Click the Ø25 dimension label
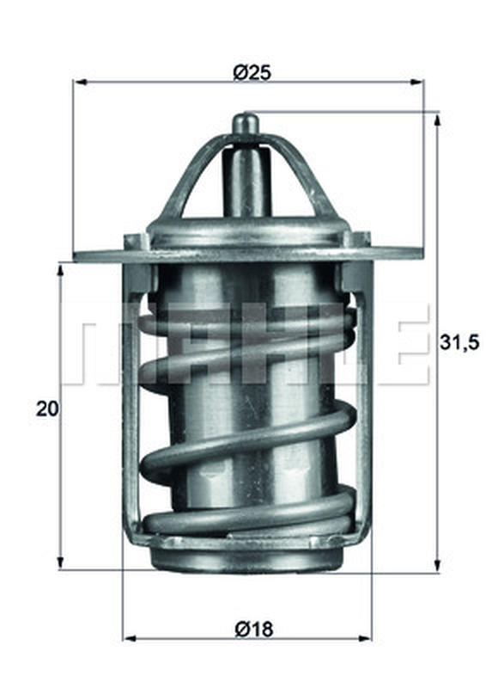pos(252,72)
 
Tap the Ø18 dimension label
pos(254,630)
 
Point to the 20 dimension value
pos(47,409)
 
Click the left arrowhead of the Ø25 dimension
pos(82,82)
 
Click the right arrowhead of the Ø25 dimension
pos(416,82)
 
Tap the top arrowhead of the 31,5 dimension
pos(437,120)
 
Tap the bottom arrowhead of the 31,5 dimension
pos(437,564)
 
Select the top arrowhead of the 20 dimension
pos(60,272)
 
